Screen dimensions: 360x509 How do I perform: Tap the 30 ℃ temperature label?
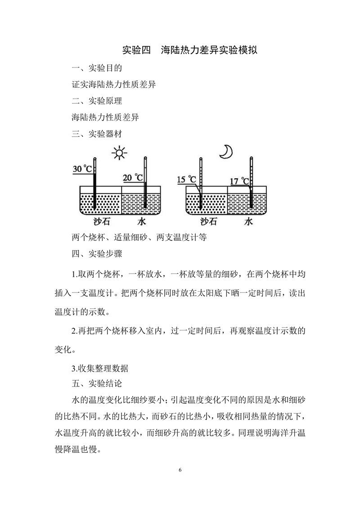click(x=82, y=169)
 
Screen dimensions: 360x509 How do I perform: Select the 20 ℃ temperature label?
click(x=133, y=178)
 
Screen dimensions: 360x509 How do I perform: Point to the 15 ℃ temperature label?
click(x=187, y=179)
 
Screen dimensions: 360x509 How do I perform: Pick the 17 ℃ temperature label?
click(x=239, y=181)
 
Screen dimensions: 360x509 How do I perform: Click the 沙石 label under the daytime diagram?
click(x=101, y=222)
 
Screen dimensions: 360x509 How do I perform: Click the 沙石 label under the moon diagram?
click(x=208, y=222)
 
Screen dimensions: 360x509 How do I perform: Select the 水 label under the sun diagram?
click(x=142, y=222)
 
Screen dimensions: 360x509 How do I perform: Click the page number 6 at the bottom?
click(x=180, y=470)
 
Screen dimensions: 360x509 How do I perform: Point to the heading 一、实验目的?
click(x=97, y=68)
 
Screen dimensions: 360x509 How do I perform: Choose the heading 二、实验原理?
click(x=97, y=101)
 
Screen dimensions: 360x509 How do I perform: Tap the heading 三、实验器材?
click(x=97, y=133)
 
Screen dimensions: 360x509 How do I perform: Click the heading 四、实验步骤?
click(x=97, y=253)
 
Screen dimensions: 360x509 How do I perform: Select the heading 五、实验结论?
click(x=97, y=383)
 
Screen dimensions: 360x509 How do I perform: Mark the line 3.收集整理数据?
click(x=100, y=368)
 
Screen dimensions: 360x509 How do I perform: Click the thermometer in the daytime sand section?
click(x=94, y=184)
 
